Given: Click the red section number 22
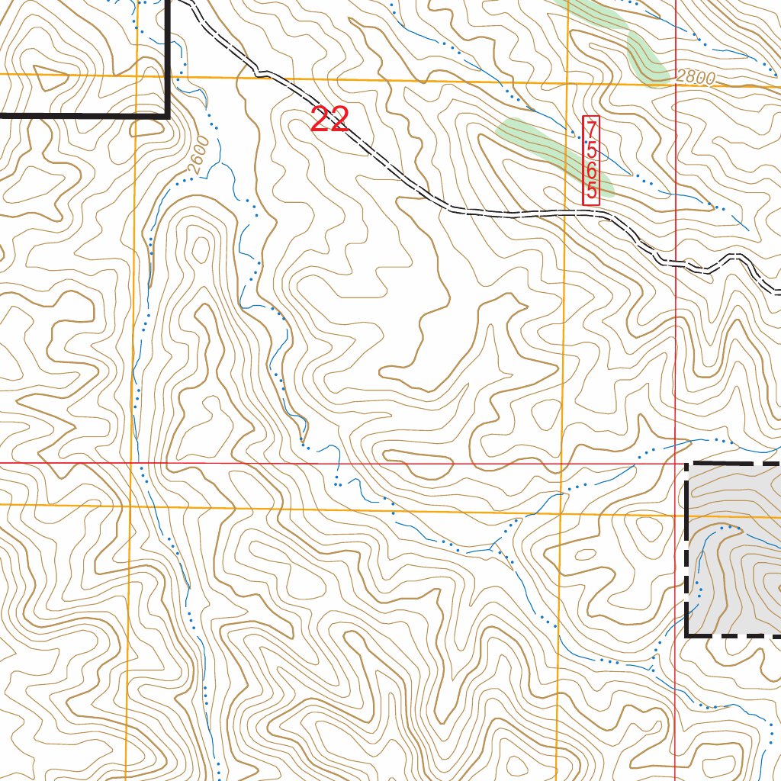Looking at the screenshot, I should click(329, 120).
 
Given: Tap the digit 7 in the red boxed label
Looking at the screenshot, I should click(591, 128).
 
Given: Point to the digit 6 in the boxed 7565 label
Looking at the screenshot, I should click(591, 174).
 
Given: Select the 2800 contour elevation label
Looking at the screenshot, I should click(696, 77).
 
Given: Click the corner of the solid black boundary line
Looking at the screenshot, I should click(168, 116).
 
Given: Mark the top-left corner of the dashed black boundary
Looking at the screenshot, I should click(688, 464).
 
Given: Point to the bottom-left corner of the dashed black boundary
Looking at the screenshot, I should click(688, 634).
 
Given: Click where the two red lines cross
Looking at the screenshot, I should click(676, 463).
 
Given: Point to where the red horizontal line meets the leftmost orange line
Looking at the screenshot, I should click(131, 463).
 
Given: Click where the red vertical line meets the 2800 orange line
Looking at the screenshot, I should click(676, 85).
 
